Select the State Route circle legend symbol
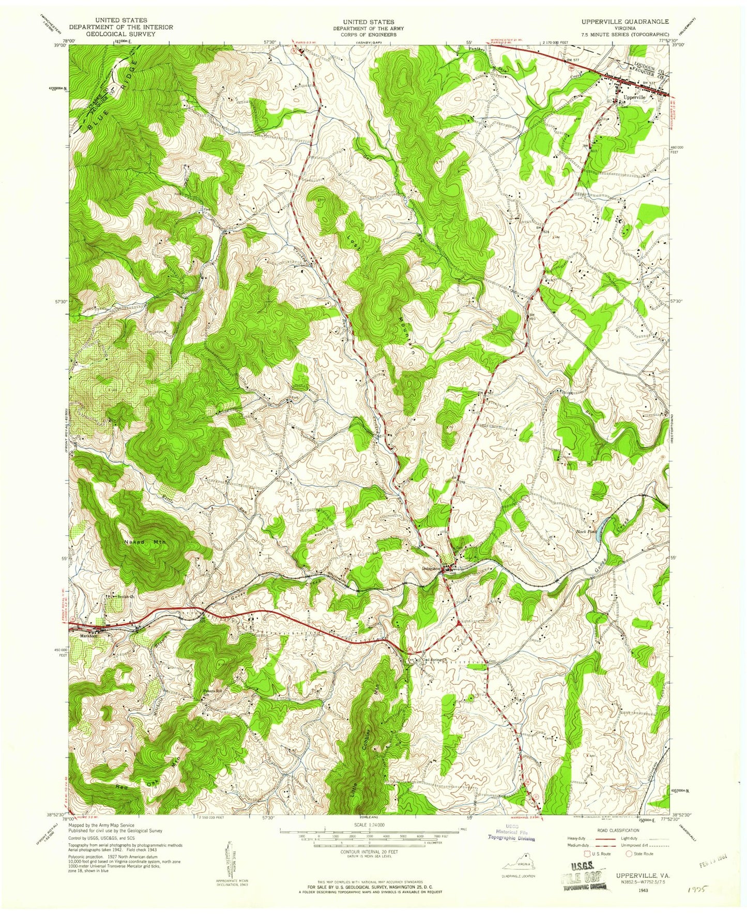630,853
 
